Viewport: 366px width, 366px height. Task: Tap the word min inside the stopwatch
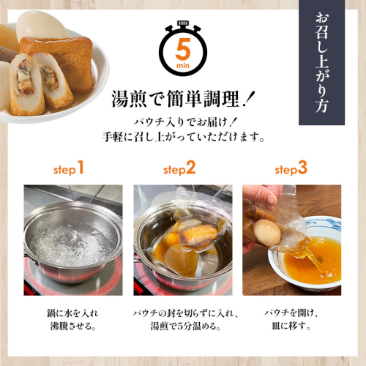[183, 66]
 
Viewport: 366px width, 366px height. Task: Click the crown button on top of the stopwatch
[183, 23]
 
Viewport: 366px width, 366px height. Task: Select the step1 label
[69, 168]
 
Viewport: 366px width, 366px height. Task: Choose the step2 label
[179, 168]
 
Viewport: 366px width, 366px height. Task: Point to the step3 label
[291, 168]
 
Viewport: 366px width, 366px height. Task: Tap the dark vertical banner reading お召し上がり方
[321, 62]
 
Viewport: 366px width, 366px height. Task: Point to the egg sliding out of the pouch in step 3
[267, 232]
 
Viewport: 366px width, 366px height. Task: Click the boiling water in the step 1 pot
[69, 243]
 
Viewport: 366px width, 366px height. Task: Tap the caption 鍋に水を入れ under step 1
[72, 313]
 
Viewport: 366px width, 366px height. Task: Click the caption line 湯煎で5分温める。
[185, 326]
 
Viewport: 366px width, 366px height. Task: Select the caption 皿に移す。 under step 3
[291, 326]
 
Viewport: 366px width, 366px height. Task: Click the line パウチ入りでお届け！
[184, 122]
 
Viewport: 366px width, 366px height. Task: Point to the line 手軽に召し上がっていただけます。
[184, 137]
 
